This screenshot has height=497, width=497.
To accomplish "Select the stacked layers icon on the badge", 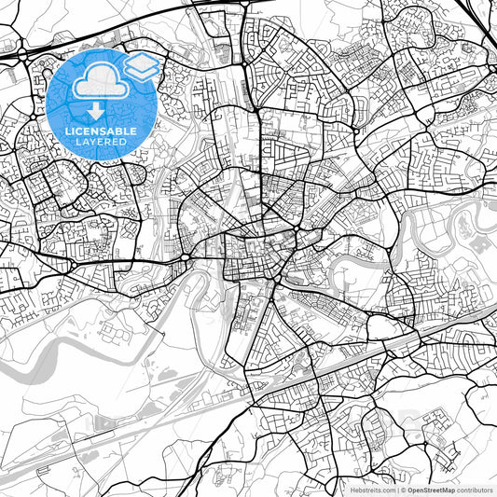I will pyautogui.click(x=143, y=66).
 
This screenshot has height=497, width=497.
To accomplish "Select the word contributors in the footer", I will pyautogui.click(x=475, y=489).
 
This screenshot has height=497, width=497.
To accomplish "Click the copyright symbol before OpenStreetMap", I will pyautogui.click(x=402, y=489).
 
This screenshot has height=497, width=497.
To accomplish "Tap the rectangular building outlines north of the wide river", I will pyautogui.click(x=116, y=331).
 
